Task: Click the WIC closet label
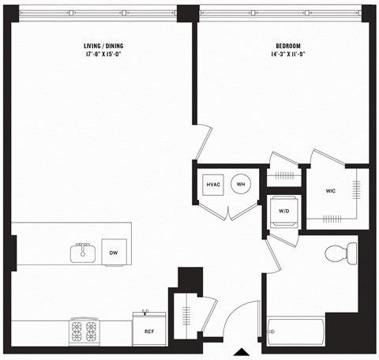330,191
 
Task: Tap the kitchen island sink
81,253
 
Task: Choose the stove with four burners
83,331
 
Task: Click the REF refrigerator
148,331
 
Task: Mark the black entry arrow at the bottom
242,351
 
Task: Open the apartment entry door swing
241,321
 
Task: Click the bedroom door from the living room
204,142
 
